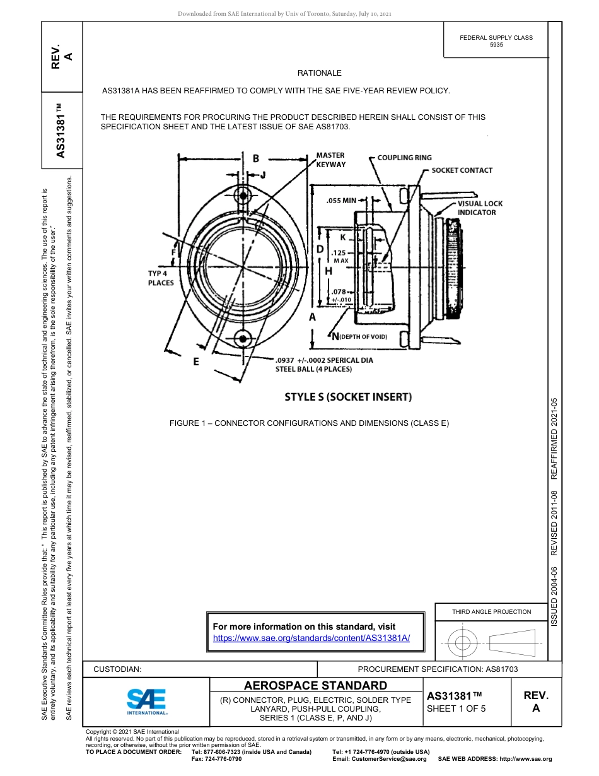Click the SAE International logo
click(147, 701)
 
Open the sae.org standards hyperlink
click(311, 638)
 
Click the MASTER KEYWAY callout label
click(331, 160)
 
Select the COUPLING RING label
click(404, 157)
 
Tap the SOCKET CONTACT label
click(462, 170)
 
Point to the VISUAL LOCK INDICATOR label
click(480, 208)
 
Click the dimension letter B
click(256, 158)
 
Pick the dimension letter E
click(196, 362)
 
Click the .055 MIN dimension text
click(341, 201)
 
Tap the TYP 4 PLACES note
click(161, 278)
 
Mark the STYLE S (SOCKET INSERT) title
click(348, 397)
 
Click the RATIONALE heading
click(320, 73)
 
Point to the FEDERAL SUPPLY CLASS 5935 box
click(496, 41)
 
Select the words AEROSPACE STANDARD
click(315, 685)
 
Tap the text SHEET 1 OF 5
click(456, 708)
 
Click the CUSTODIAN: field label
click(117, 669)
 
